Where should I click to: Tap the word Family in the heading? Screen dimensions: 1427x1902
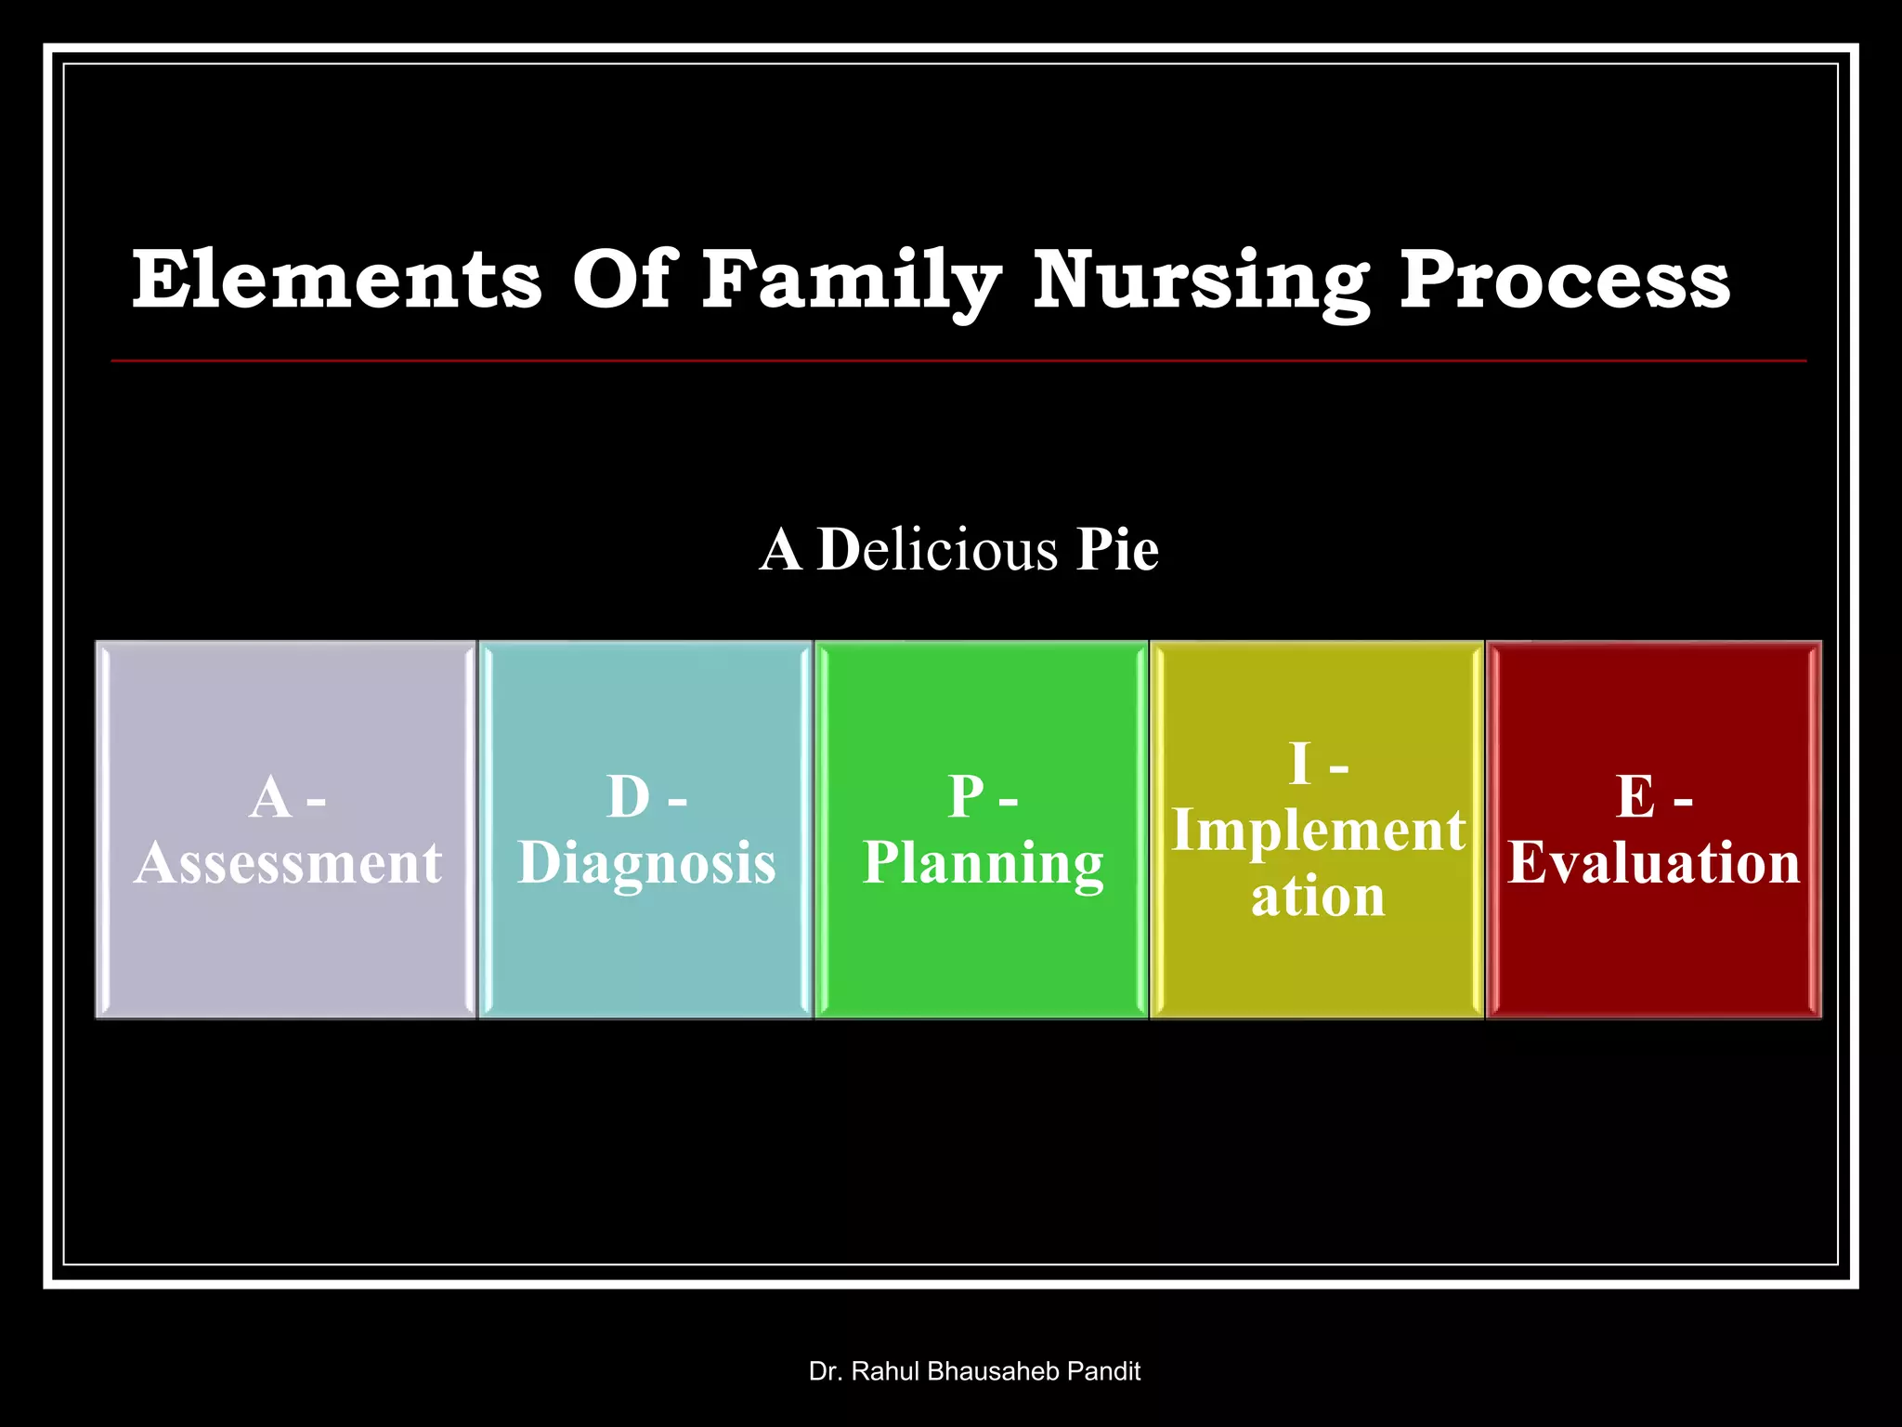tap(850, 281)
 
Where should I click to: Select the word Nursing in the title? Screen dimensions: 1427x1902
tap(1200, 281)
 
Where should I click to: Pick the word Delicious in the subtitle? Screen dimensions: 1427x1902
tap(938, 549)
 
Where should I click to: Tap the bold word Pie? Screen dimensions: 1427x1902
tap(1117, 549)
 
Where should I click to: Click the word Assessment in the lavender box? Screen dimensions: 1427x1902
tap(288, 862)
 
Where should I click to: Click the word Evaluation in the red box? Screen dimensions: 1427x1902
tap(1653, 862)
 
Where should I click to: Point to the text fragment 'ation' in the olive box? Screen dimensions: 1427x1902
tap(1318, 897)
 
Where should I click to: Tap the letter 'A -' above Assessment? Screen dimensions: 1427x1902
tap(286, 797)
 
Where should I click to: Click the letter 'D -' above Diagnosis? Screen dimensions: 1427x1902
tap(646, 797)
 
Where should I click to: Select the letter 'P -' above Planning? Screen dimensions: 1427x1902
tap(983, 797)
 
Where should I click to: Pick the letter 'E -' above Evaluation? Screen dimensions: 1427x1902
tap(1653, 797)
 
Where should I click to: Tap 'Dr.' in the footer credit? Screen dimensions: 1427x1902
tap(825, 1371)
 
